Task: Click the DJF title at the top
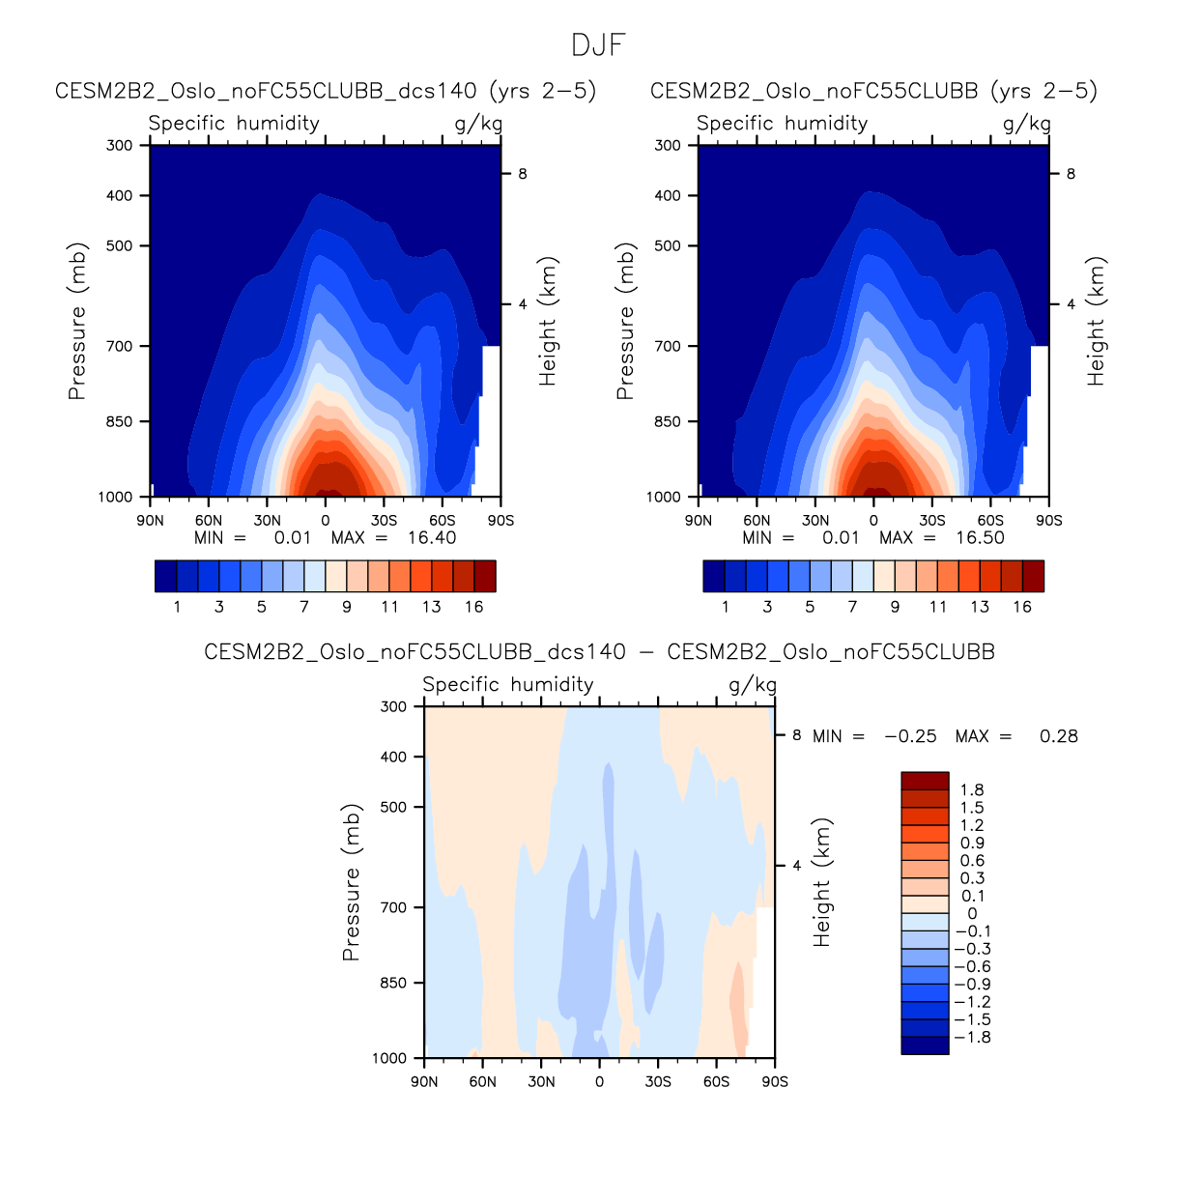click(599, 45)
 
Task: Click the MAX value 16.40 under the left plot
click(431, 538)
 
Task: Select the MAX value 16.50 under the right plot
click(980, 538)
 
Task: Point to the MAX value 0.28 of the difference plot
click(1058, 736)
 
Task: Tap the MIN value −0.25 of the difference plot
click(910, 736)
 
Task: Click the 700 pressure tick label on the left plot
click(120, 346)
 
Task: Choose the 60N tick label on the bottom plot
click(482, 1081)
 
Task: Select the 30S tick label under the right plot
click(932, 520)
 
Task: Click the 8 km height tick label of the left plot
click(523, 174)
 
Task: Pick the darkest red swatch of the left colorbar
click(484, 576)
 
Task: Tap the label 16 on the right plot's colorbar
click(1022, 607)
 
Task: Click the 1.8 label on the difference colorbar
click(972, 790)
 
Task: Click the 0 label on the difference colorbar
click(972, 914)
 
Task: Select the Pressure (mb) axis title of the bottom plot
click(351, 882)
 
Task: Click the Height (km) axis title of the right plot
click(1096, 322)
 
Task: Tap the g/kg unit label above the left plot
click(478, 124)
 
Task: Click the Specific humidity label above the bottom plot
click(508, 685)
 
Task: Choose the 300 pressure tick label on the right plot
click(668, 145)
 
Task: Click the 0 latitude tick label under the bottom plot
click(599, 1081)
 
